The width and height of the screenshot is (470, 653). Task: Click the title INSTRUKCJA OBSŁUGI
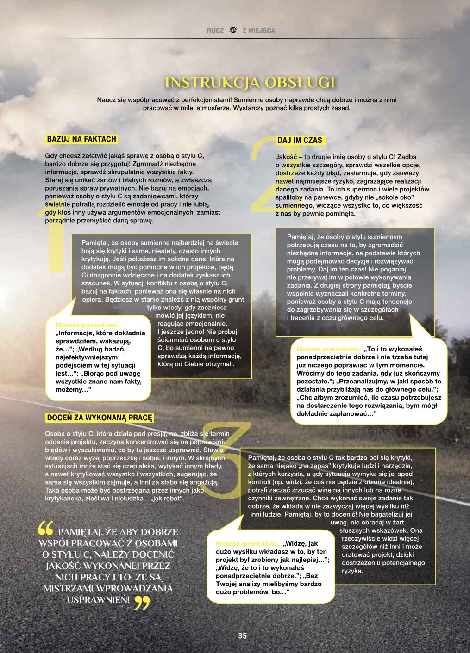(251, 83)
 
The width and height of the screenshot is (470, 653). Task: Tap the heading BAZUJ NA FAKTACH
(81, 139)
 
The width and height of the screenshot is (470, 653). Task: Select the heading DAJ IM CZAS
(300, 140)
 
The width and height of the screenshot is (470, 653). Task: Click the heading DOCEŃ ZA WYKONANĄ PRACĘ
(100, 418)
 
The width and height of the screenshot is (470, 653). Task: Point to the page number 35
(243, 635)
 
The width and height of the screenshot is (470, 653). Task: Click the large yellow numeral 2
(273, 176)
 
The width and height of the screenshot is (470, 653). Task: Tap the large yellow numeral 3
(227, 462)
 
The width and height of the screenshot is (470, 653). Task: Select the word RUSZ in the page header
(215, 31)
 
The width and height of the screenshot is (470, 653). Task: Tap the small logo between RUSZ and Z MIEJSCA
(233, 31)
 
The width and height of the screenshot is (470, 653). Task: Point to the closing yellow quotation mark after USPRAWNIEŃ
(142, 602)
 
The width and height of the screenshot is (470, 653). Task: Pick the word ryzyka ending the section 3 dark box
(352, 571)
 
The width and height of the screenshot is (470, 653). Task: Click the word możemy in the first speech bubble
(68, 390)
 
